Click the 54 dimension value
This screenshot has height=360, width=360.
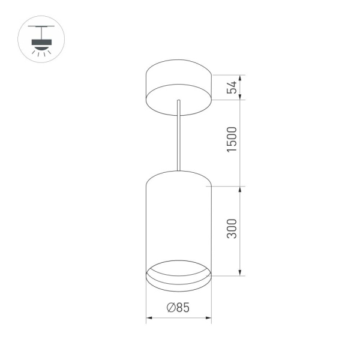tap(234, 88)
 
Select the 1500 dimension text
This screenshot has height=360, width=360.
tap(234, 139)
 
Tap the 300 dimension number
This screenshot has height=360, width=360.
tap(234, 229)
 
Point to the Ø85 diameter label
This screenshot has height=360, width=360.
tap(178, 308)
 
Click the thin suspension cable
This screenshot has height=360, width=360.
tap(178, 135)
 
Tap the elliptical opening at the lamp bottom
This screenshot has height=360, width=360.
tap(178, 271)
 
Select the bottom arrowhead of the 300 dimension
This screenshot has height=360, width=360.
tap(241, 273)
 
